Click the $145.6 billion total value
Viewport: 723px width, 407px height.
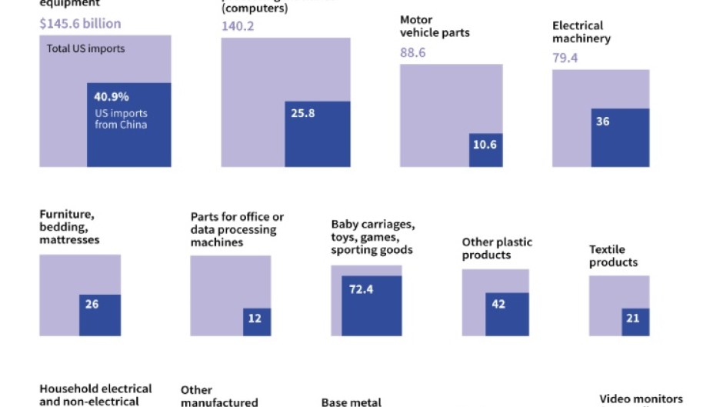(80, 23)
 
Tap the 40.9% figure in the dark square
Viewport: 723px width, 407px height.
(112, 98)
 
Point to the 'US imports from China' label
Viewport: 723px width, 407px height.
(121, 119)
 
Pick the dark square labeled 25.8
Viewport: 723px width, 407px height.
(318, 134)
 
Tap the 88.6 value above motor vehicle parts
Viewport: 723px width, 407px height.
(413, 52)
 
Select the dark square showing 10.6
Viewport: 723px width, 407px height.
(485, 150)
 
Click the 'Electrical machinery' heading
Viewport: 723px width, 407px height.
(581, 32)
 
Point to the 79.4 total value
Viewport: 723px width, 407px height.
(565, 58)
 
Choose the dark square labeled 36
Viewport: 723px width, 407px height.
(620, 137)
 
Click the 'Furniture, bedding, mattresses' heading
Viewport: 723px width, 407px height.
(69, 227)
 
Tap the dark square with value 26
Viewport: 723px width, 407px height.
(99, 315)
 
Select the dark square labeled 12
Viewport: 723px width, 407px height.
(257, 322)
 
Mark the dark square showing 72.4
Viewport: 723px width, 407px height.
(371, 305)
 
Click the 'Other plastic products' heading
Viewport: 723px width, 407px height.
(497, 249)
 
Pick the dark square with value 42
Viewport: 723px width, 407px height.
(507, 314)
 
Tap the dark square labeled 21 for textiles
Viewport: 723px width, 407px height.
(635, 322)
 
